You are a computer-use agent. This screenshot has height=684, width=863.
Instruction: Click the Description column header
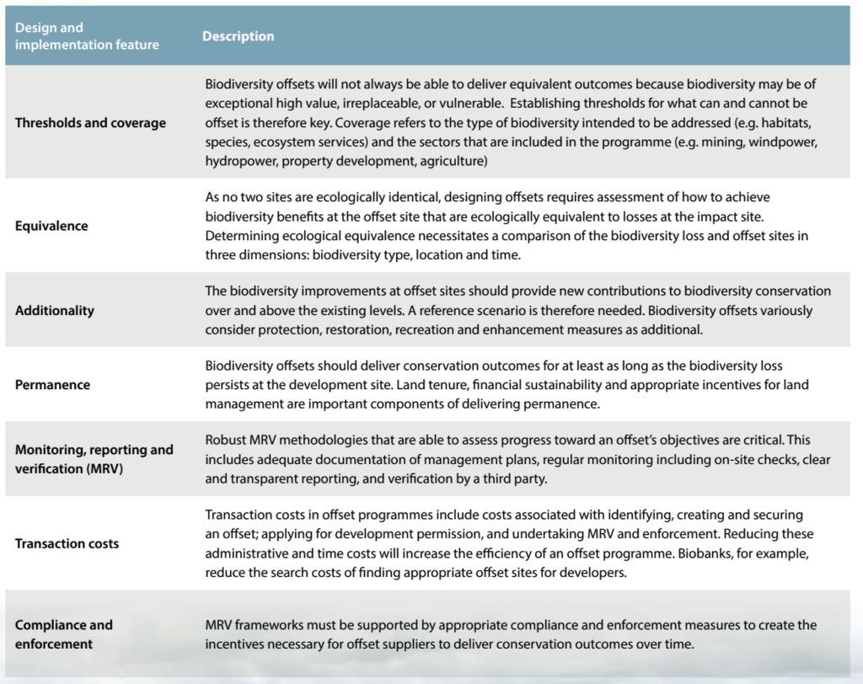[x=238, y=36]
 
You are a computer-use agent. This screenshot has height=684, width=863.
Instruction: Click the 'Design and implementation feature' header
[x=87, y=36]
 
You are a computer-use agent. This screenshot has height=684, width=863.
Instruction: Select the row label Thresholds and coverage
[x=90, y=122]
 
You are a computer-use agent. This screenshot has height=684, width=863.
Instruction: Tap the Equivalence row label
[x=51, y=226]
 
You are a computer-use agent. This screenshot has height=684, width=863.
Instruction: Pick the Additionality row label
[x=55, y=310]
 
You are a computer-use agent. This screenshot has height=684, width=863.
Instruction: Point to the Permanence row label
[x=52, y=384]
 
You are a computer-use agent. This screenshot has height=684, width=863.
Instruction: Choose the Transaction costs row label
[x=67, y=543]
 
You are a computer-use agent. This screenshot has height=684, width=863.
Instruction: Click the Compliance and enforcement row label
[x=63, y=634]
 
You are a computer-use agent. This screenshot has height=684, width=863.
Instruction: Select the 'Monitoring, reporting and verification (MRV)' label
[x=94, y=457]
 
